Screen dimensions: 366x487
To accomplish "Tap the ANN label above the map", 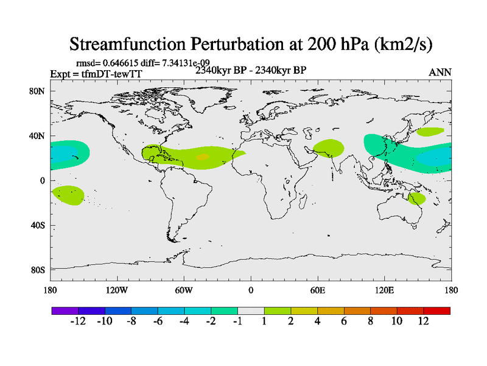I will (440, 72).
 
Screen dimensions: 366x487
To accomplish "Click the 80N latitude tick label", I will (38, 91).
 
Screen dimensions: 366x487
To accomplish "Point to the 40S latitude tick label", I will (38, 225).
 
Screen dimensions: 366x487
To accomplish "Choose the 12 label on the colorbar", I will (424, 321).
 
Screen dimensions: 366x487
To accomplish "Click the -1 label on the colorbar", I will (237, 321).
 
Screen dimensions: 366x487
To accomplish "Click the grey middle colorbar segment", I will (251, 310).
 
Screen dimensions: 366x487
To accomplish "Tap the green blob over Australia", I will (417, 198).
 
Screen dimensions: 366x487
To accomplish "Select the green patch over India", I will (329, 148).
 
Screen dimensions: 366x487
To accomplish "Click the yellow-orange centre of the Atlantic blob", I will (202, 157).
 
